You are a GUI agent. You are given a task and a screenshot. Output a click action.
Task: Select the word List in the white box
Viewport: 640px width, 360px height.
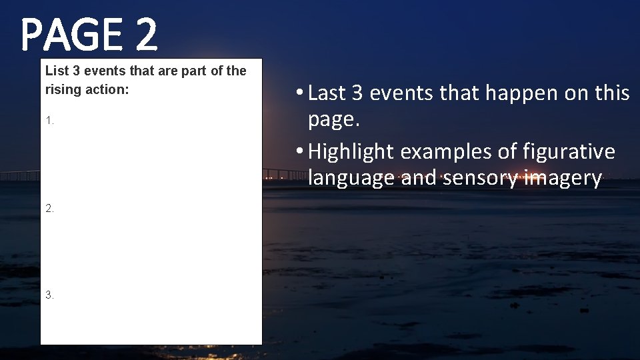click(55, 71)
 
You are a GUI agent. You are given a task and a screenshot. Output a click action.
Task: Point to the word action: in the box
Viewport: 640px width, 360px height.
click(105, 89)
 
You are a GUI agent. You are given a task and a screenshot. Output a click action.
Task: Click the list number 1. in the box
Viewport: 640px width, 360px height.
click(49, 121)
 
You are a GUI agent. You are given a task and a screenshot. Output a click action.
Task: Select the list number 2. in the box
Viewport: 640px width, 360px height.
click(49, 208)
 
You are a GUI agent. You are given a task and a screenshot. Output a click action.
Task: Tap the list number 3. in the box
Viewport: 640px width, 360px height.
click(49, 295)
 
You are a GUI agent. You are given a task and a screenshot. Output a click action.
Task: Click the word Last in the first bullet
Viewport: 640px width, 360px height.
click(327, 93)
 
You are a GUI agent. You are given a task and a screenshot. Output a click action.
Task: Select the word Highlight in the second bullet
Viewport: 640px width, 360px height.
click(351, 152)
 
